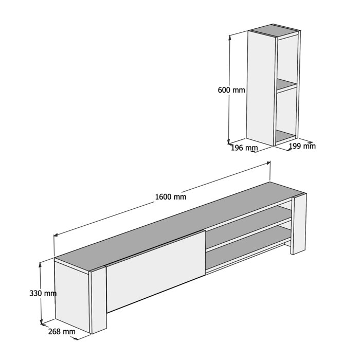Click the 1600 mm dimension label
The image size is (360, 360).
tap(171, 196)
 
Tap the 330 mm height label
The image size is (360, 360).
tap(43, 293)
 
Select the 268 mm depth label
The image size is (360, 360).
tap(62, 332)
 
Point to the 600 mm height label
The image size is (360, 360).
tap(231, 89)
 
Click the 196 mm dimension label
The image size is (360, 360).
tap(244, 148)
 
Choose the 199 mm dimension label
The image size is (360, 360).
tap(302, 146)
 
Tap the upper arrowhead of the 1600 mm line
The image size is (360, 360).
tap(268, 163)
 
